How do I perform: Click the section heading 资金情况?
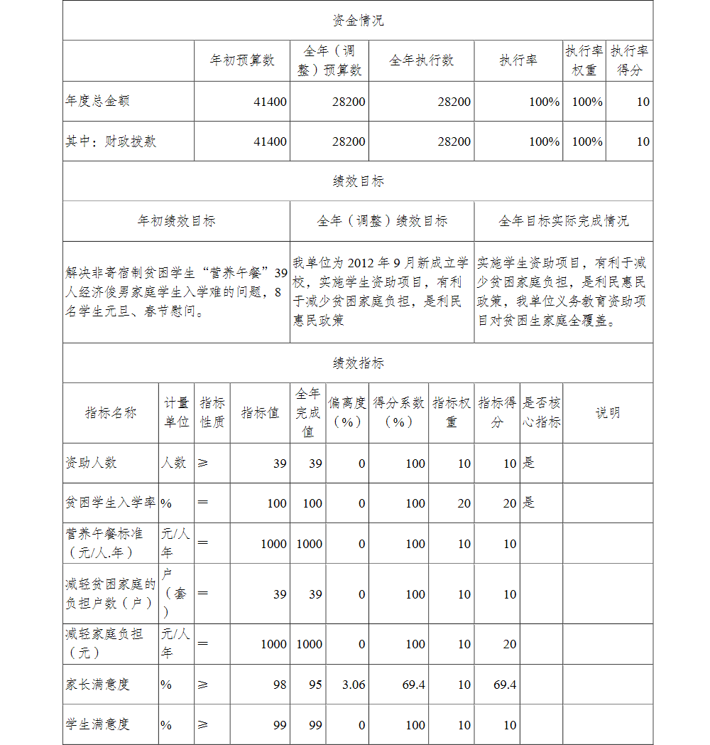pyautogui.click(x=358, y=21)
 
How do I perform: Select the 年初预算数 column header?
pyautogui.click(x=241, y=60)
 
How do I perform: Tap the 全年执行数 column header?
pyautogui.click(x=421, y=60)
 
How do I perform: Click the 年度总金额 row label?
pyautogui.click(x=97, y=101)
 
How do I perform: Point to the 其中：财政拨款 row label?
pyautogui.click(x=111, y=141)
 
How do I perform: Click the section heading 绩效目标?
pyautogui.click(x=358, y=181)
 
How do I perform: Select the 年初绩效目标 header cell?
pyautogui.click(x=176, y=221)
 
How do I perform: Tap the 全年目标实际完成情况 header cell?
pyautogui.click(x=563, y=221)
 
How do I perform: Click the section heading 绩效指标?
pyautogui.click(x=358, y=363)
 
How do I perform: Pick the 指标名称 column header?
pyautogui.click(x=110, y=413)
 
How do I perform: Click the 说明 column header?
pyautogui.click(x=607, y=413)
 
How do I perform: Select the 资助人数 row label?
pyautogui.click(x=91, y=463)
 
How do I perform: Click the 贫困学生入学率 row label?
pyautogui.click(x=110, y=503)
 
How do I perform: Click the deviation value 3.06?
pyautogui.click(x=354, y=685)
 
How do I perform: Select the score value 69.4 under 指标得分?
pyautogui.click(x=505, y=685)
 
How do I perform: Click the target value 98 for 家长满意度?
pyautogui.click(x=280, y=685)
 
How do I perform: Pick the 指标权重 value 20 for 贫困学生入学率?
pyautogui.click(x=464, y=503)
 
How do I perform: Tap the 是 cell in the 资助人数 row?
pyautogui.click(x=529, y=463)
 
